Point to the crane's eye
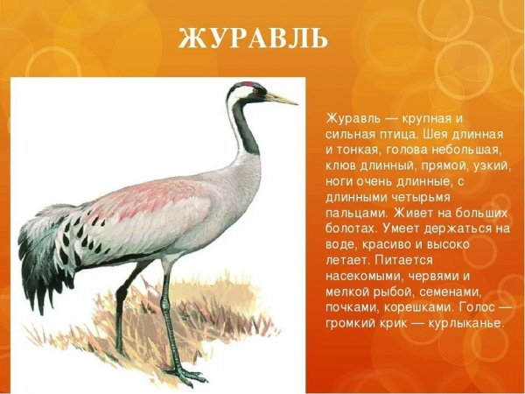pos(254,91)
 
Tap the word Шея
pos(435,135)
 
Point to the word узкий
pos(491,168)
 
